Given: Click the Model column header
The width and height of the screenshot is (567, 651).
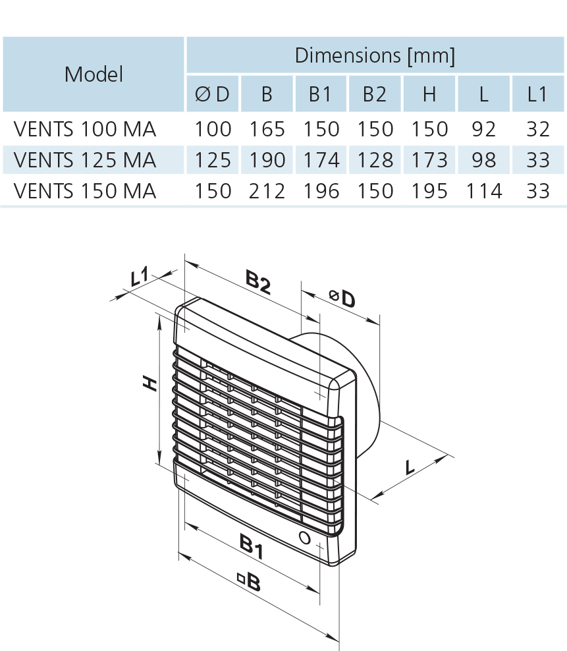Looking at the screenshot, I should coord(94,74).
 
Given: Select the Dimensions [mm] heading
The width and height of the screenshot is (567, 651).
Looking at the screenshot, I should coord(375,55).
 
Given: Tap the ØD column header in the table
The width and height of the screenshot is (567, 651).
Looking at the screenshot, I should coord(213,94).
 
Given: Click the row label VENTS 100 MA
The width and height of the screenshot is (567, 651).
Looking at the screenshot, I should coord(85,128).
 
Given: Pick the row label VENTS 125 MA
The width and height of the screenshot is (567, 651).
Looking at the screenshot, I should coord(85,159).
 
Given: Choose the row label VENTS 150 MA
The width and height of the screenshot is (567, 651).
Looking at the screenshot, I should coord(85,191).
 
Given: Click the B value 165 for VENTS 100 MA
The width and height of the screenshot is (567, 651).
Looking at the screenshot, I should coord(267,128).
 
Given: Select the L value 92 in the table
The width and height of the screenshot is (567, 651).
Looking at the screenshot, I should coord(483,128).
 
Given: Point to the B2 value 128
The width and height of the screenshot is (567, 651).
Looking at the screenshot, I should coord(375,159).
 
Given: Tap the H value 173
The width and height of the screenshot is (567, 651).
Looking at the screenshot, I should coord(429,159).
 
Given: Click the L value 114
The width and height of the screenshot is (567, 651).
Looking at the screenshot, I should coord(483,191).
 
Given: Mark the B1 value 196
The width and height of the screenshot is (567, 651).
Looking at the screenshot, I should coord(321,191).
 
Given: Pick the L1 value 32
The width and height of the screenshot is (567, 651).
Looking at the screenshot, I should coord(537,128).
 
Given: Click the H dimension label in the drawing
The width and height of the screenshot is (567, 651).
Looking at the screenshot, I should coord(151,383).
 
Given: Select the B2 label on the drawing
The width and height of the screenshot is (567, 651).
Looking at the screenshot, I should coord(258,283).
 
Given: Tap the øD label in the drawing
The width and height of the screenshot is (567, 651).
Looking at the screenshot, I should coord(343,299).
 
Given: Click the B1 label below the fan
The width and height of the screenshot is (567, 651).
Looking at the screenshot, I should coord(251,548).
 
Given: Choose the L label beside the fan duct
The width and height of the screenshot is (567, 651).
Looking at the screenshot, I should coord(410,467).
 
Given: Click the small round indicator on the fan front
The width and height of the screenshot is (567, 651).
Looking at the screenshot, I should coord(304,537).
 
